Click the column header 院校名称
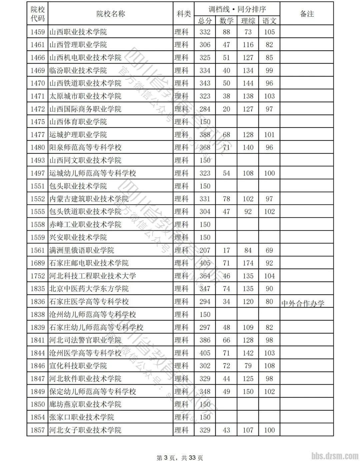point(111,14)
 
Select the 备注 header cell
point(306,14)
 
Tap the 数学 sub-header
point(226,21)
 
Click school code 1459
point(37,32)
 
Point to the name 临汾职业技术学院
point(78,71)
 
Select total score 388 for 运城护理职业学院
point(205,135)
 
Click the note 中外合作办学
point(303,303)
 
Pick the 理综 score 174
point(248,263)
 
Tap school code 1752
point(37,276)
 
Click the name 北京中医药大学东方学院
point(89,289)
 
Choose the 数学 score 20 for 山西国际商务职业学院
point(226,109)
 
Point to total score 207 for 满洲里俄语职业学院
point(205,250)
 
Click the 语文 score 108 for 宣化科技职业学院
point(269,366)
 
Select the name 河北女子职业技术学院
point(85,430)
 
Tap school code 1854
point(37,417)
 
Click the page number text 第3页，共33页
point(180,458)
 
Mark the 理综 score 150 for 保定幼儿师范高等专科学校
point(248,391)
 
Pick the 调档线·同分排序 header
point(237,9)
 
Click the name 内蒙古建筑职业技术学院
point(89,199)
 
